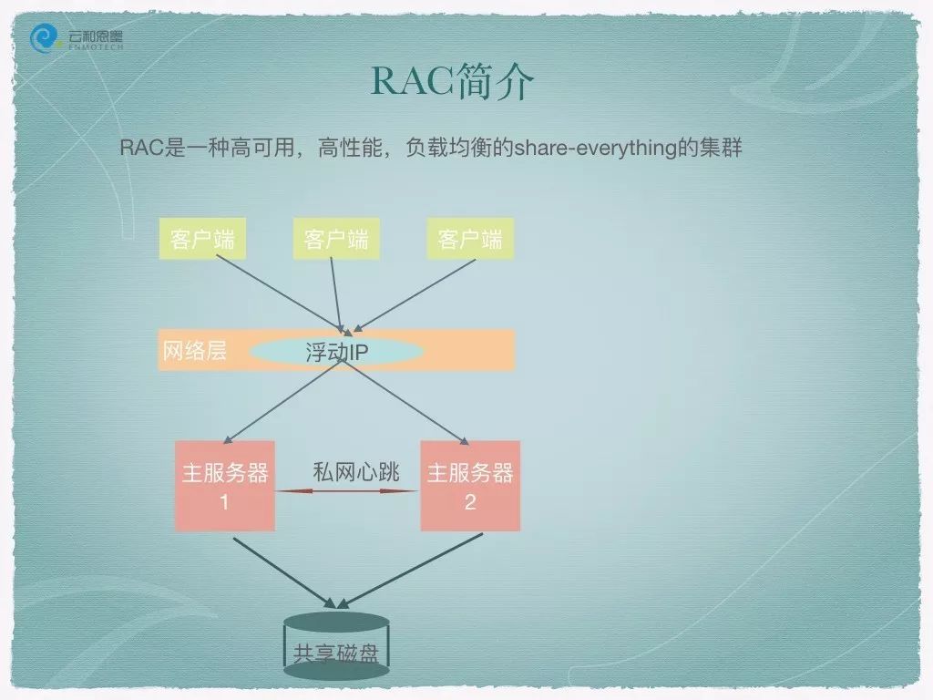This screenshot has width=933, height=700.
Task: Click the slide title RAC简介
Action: tap(452, 81)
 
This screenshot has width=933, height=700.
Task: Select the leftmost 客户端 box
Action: tap(202, 239)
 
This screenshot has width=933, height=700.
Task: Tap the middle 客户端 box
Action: tap(336, 239)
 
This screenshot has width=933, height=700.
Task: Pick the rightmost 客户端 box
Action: tap(470, 239)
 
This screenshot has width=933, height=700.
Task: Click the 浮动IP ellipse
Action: tap(336, 352)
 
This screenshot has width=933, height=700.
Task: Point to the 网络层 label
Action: tap(195, 351)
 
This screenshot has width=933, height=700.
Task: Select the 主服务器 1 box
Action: tap(225, 486)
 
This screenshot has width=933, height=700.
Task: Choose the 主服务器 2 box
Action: tap(470, 486)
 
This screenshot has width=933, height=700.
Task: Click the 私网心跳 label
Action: tap(356, 472)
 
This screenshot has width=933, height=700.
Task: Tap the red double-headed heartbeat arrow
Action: tap(347, 491)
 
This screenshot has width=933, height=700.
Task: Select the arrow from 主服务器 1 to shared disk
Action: tap(284, 572)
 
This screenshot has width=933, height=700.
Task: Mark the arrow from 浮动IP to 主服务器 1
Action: tap(283, 401)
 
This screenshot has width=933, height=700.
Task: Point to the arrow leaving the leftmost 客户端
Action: tap(281, 293)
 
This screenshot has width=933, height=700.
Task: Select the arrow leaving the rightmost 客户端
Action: tap(415, 295)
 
